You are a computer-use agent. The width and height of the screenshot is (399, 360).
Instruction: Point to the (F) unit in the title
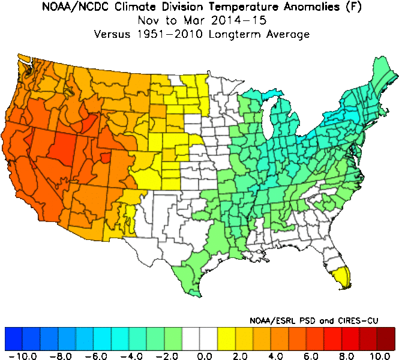341,8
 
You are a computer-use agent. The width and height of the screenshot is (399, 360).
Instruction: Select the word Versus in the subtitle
114,34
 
